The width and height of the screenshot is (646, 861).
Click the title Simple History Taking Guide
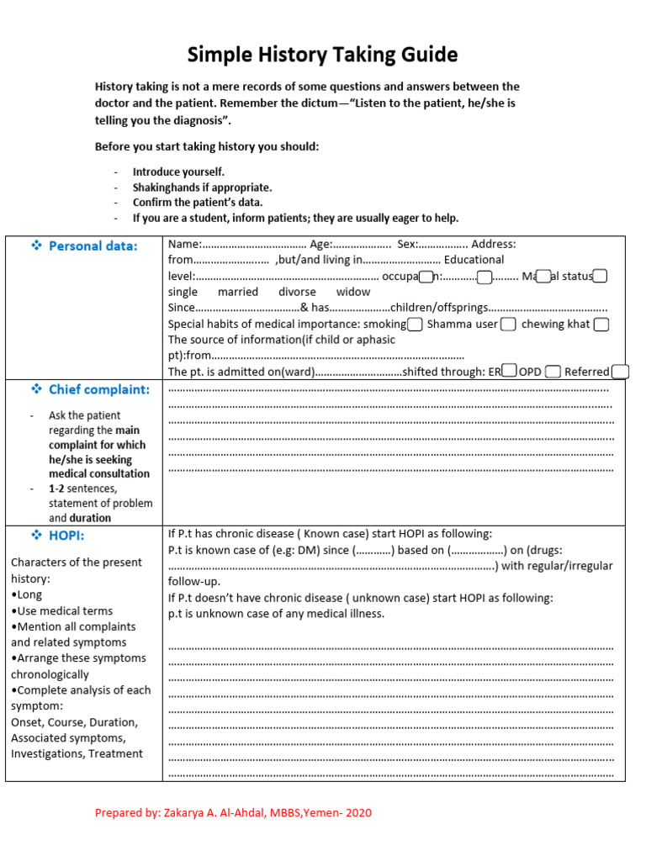322,55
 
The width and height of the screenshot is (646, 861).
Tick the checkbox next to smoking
415,325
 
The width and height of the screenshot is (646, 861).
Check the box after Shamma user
508,325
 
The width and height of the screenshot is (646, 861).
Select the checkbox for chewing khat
601,325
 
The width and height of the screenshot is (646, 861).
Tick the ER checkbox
509,371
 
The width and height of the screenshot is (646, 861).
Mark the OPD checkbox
553,372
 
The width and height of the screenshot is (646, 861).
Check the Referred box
620,372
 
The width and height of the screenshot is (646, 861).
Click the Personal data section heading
93,246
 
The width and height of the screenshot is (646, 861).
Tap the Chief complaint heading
98,389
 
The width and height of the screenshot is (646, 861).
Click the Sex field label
407,244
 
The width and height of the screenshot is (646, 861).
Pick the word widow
353,292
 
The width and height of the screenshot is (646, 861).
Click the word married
238,292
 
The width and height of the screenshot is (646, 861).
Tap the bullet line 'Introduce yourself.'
178,172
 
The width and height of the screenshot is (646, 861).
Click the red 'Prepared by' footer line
233,813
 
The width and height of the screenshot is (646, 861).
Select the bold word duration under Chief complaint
90,518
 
